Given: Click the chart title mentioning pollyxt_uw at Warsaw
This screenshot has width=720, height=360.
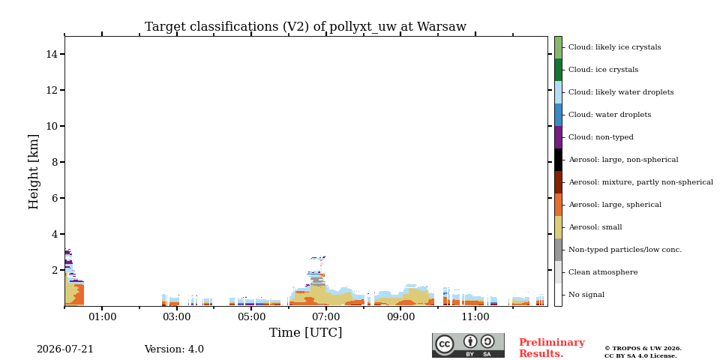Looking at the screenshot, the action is tap(305, 27).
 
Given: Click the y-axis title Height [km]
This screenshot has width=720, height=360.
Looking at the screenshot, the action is tap(34, 172).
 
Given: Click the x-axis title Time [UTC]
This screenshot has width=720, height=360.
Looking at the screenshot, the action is tap(306, 332).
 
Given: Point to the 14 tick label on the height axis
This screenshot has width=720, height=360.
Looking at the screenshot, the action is tap(52, 54).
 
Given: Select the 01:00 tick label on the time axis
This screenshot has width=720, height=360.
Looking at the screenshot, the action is tap(102, 316).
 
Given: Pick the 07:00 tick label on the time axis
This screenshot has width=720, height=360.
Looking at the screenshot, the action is tap(326, 316).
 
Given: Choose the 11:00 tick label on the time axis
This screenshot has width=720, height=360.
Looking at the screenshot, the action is tap(475, 316).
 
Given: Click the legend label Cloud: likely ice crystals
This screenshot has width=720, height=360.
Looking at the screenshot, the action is tap(615, 46).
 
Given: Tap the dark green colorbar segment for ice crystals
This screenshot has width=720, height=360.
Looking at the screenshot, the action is tap(558, 70).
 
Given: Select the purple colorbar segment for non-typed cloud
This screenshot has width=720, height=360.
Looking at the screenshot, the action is tap(558, 137).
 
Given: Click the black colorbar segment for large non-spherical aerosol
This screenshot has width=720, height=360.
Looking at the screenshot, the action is tap(558, 160).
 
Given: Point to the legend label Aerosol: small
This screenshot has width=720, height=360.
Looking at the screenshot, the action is tap(595, 227).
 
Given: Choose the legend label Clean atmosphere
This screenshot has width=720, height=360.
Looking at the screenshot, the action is tap(603, 272).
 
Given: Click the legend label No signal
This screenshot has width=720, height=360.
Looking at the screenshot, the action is tap(586, 295).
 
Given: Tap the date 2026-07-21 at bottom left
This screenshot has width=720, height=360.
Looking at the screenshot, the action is tap(64, 349).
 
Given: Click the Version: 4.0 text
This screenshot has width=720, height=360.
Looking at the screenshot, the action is tap(174, 349).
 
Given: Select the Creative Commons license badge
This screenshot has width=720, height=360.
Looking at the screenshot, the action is tap(468, 345).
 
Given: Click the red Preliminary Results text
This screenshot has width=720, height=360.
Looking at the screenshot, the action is tap(552, 348).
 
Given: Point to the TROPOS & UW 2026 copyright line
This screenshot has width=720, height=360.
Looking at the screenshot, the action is tap(643, 349).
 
